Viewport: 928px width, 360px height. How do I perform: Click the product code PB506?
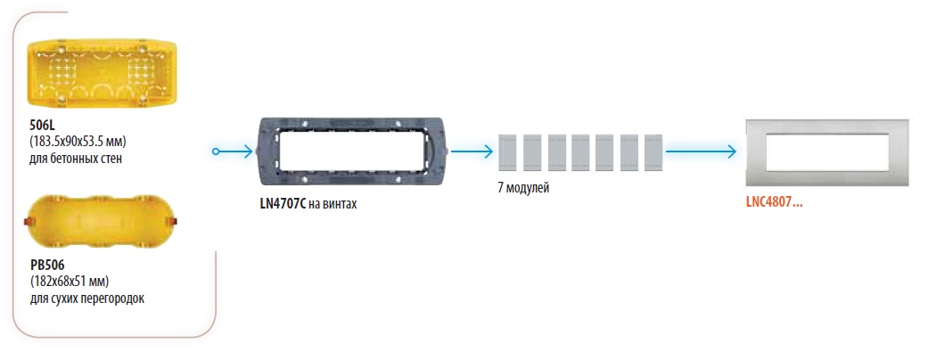tap(47, 265)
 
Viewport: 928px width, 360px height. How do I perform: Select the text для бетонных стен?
tap(75, 160)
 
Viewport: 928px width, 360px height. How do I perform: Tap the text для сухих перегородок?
tap(86, 298)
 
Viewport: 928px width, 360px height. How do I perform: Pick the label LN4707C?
tap(283, 204)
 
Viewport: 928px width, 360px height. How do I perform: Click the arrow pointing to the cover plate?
tap(700, 152)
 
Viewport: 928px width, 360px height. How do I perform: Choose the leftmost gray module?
tap(508, 153)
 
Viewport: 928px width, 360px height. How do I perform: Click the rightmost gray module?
tap(653, 153)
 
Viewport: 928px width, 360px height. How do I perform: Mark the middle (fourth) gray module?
tap(580, 153)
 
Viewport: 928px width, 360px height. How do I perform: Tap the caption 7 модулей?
tap(524, 188)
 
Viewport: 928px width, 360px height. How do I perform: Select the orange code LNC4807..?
tap(774, 201)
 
